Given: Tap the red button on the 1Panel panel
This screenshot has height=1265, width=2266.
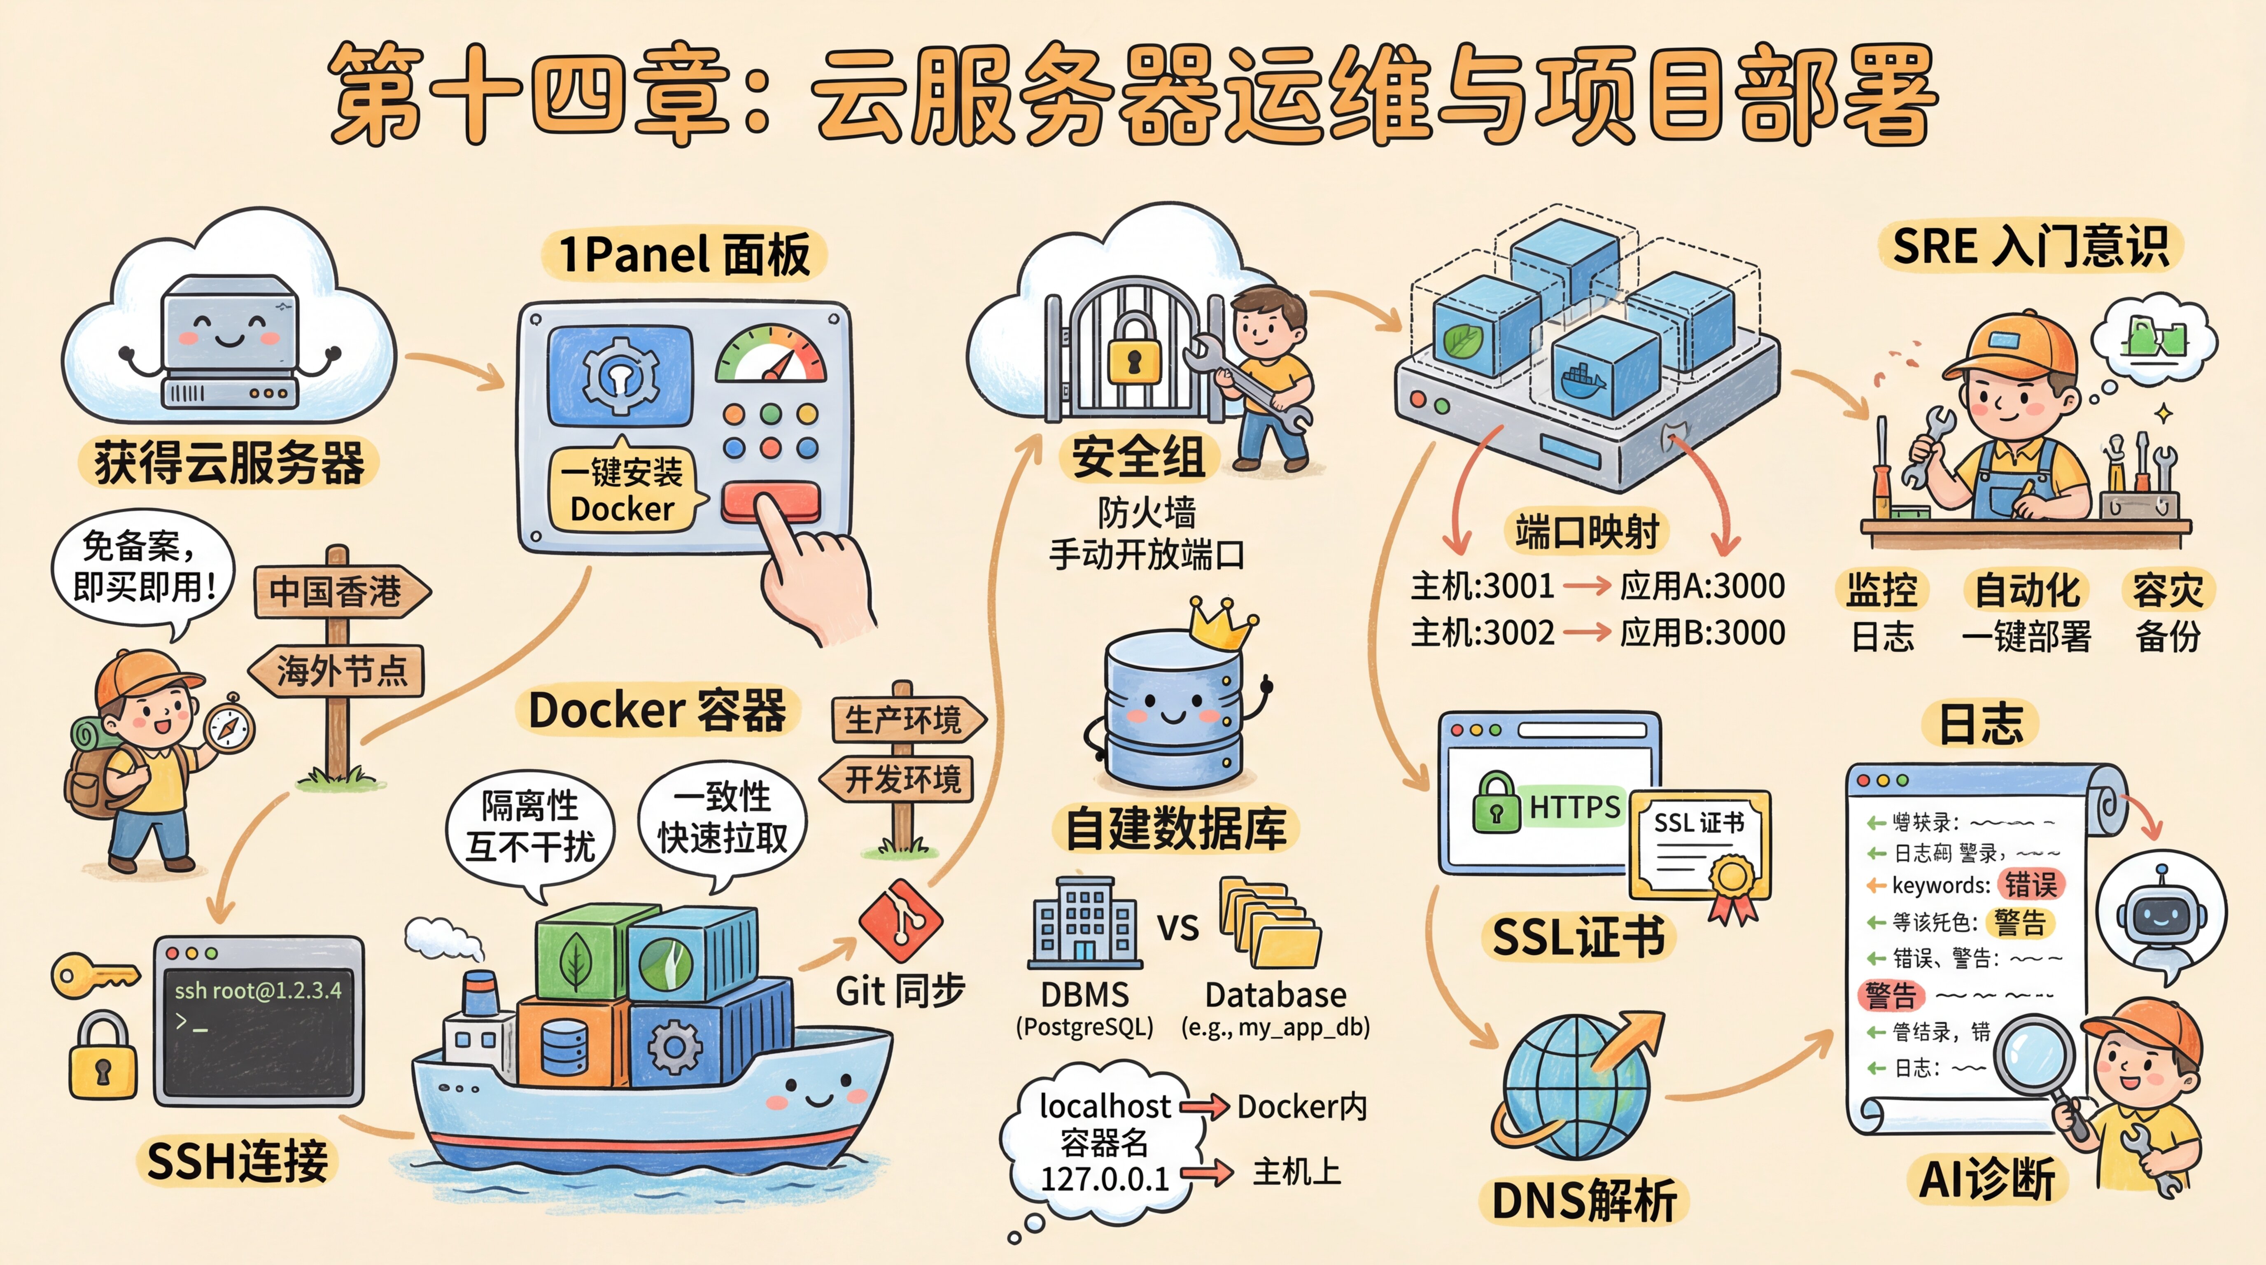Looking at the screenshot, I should (x=771, y=499).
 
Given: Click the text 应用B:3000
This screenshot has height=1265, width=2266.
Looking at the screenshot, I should (x=1702, y=632).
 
